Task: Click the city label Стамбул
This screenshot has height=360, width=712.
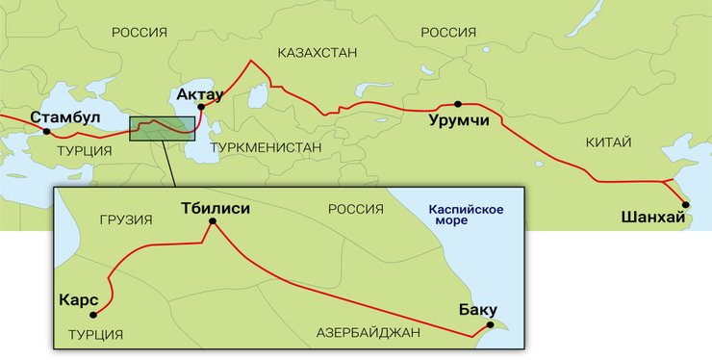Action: click(65, 117)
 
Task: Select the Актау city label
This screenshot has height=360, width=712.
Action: click(200, 94)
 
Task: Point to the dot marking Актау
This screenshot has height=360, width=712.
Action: click(201, 107)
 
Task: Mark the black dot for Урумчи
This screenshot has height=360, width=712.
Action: click(458, 104)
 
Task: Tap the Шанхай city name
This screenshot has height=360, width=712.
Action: click(654, 219)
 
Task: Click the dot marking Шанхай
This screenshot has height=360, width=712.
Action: click(686, 203)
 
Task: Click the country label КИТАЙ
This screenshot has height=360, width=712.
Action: click(608, 142)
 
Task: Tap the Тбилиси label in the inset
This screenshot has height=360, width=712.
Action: click(216, 207)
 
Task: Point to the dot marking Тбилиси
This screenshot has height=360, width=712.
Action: click(213, 222)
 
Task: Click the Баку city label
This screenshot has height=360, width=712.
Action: click(478, 310)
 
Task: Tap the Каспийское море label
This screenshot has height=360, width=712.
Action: click(466, 214)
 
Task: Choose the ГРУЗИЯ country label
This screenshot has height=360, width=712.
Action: click(125, 219)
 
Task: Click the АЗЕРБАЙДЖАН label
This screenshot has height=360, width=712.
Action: click(369, 333)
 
